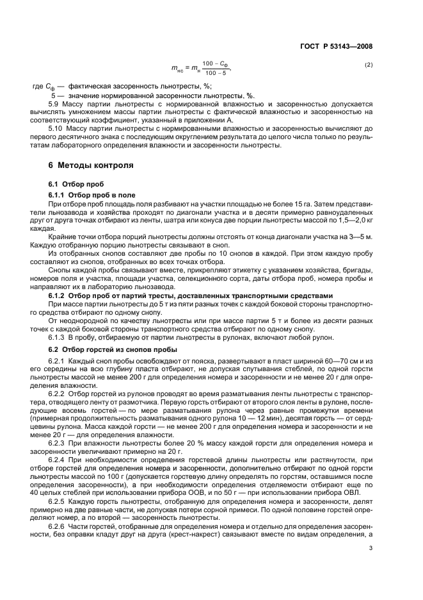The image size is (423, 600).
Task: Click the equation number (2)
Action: (x=368, y=65)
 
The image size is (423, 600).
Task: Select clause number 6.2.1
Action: (x=59, y=362)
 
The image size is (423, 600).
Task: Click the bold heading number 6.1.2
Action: (x=59, y=295)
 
